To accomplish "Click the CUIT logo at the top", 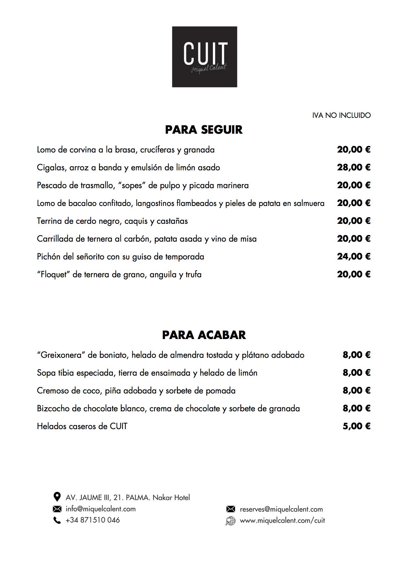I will click(204, 57).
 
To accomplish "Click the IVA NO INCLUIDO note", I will click(341, 116).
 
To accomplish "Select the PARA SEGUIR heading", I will click(204, 130).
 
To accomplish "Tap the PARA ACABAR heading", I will click(204, 335).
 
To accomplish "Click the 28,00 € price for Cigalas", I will click(354, 167).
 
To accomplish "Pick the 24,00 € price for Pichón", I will click(354, 256).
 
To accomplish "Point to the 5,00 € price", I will click(356, 426).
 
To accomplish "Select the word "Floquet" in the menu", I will click(53, 274).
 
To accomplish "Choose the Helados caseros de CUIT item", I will click(82, 426).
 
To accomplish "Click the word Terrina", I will click(50, 221).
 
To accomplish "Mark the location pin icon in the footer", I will click(57, 497).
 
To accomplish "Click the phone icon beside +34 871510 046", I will click(57, 521).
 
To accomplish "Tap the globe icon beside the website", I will click(230, 521).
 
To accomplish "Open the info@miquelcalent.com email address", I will click(101, 509).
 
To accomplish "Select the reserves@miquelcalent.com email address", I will click(281, 509).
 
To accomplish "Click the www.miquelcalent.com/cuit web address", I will click(282, 521).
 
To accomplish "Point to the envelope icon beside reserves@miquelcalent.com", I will click(230, 509).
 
